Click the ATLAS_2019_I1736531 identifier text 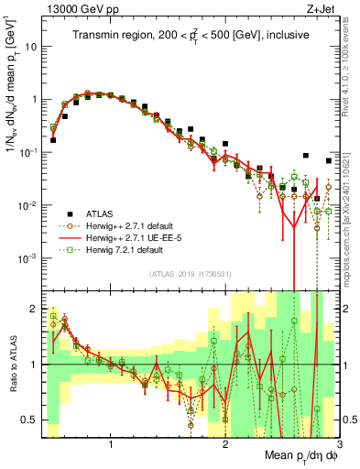tap(190, 274)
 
